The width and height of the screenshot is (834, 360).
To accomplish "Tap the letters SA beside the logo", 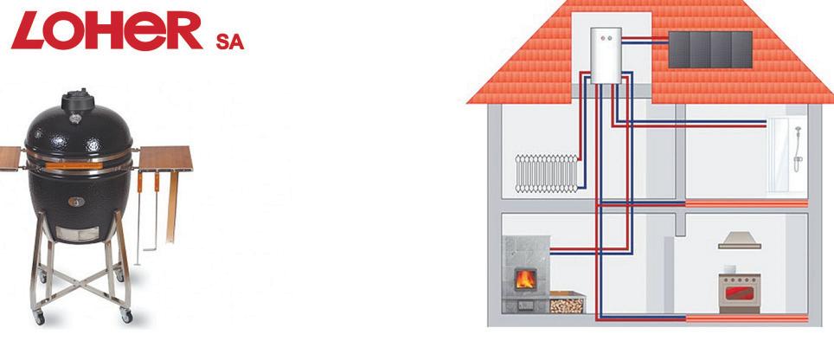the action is pos(229,42).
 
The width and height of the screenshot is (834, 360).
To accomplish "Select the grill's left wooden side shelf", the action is pos(10,157).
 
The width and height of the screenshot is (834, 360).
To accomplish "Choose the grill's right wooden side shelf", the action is pos(165,157).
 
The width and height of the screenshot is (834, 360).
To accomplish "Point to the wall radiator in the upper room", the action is pos(546,171).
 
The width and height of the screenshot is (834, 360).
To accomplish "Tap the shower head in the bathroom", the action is pos(797,132).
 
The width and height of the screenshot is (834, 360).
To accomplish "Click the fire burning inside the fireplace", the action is pos(524,279).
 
